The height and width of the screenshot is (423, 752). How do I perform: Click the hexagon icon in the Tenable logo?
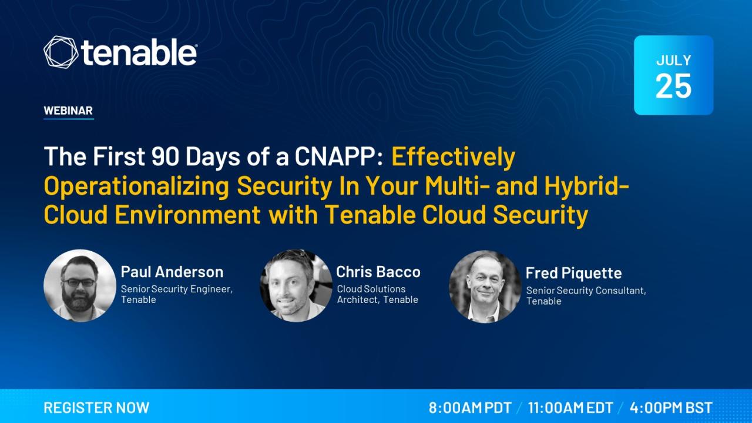tap(61, 52)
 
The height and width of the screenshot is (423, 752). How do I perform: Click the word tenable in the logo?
tap(139, 52)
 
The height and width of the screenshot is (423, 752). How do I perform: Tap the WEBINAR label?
tap(68, 110)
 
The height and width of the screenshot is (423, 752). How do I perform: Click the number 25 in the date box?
tap(673, 86)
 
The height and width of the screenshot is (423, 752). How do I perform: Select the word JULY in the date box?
tap(673, 61)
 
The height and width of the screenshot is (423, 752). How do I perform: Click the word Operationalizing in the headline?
tap(137, 186)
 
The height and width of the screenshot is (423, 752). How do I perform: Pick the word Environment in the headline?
tap(187, 215)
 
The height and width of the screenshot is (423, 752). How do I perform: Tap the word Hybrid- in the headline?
tap(586, 186)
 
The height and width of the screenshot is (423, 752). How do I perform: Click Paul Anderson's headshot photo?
tap(80, 285)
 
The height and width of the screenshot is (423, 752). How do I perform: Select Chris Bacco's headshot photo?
tap(296, 285)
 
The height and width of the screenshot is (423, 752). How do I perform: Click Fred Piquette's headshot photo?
tap(485, 287)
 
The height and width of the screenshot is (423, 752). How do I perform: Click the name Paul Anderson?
tap(172, 272)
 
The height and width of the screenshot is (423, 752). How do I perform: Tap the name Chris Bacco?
tap(378, 272)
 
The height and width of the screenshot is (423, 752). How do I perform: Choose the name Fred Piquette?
tap(574, 273)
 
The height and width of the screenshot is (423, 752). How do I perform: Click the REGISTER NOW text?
tap(96, 408)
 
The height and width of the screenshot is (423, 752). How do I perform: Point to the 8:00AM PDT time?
tap(470, 408)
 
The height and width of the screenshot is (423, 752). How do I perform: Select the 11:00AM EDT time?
tap(570, 408)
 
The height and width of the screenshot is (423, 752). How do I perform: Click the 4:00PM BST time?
tap(671, 408)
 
